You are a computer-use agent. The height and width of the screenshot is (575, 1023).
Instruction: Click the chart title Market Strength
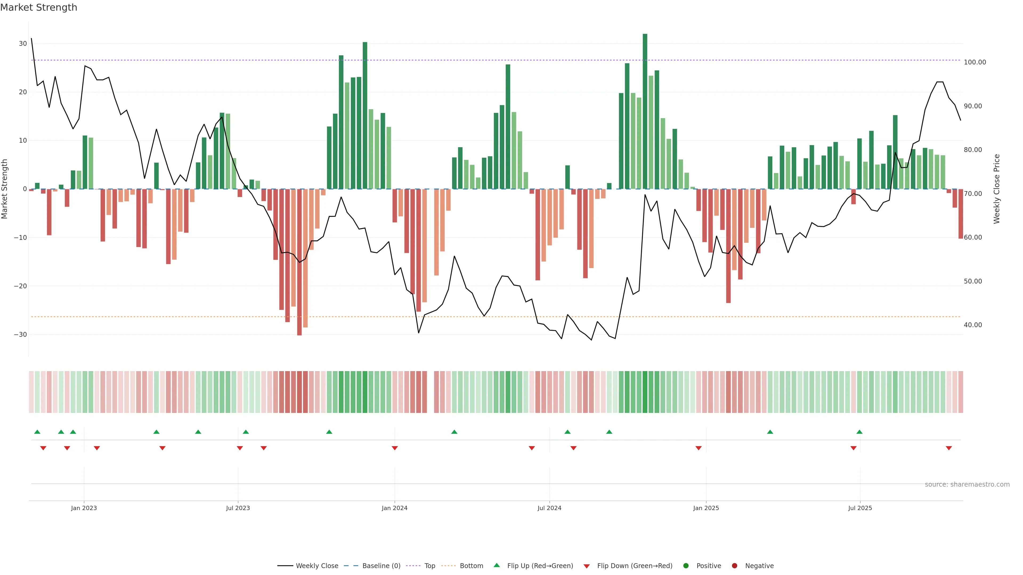click(x=39, y=7)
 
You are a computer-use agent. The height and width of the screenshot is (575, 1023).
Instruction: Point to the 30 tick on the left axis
click(x=23, y=44)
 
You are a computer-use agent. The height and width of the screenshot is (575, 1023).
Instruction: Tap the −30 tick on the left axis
click(x=20, y=335)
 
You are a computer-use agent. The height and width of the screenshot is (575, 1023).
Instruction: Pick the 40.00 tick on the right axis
click(x=973, y=325)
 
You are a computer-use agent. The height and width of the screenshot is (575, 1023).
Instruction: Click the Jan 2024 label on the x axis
click(x=394, y=508)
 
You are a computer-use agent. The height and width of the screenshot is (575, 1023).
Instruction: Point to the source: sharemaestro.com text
click(x=967, y=484)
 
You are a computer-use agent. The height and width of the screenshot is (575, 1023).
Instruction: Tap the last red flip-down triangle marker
click(x=949, y=448)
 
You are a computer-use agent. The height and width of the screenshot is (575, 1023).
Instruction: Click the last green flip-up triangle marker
click(x=859, y=432)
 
